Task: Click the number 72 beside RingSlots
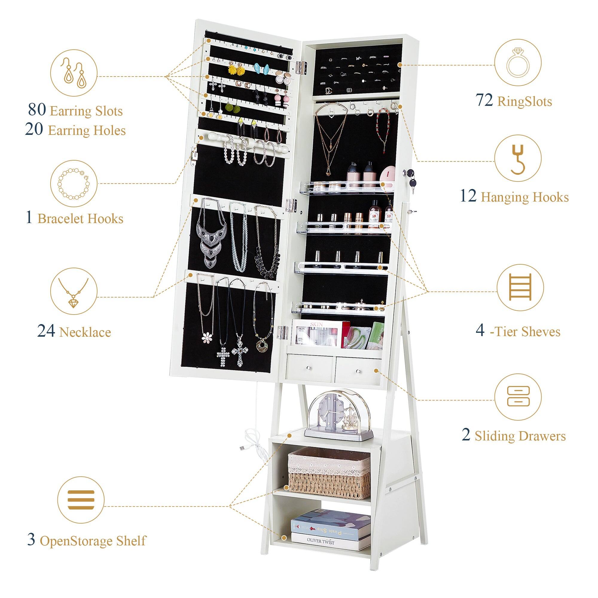pyautogui.click(x=484, y=100)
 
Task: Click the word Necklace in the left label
pyautogui.click(x=85, y=332)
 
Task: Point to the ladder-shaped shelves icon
pyautogui.click(x=520, y=287)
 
